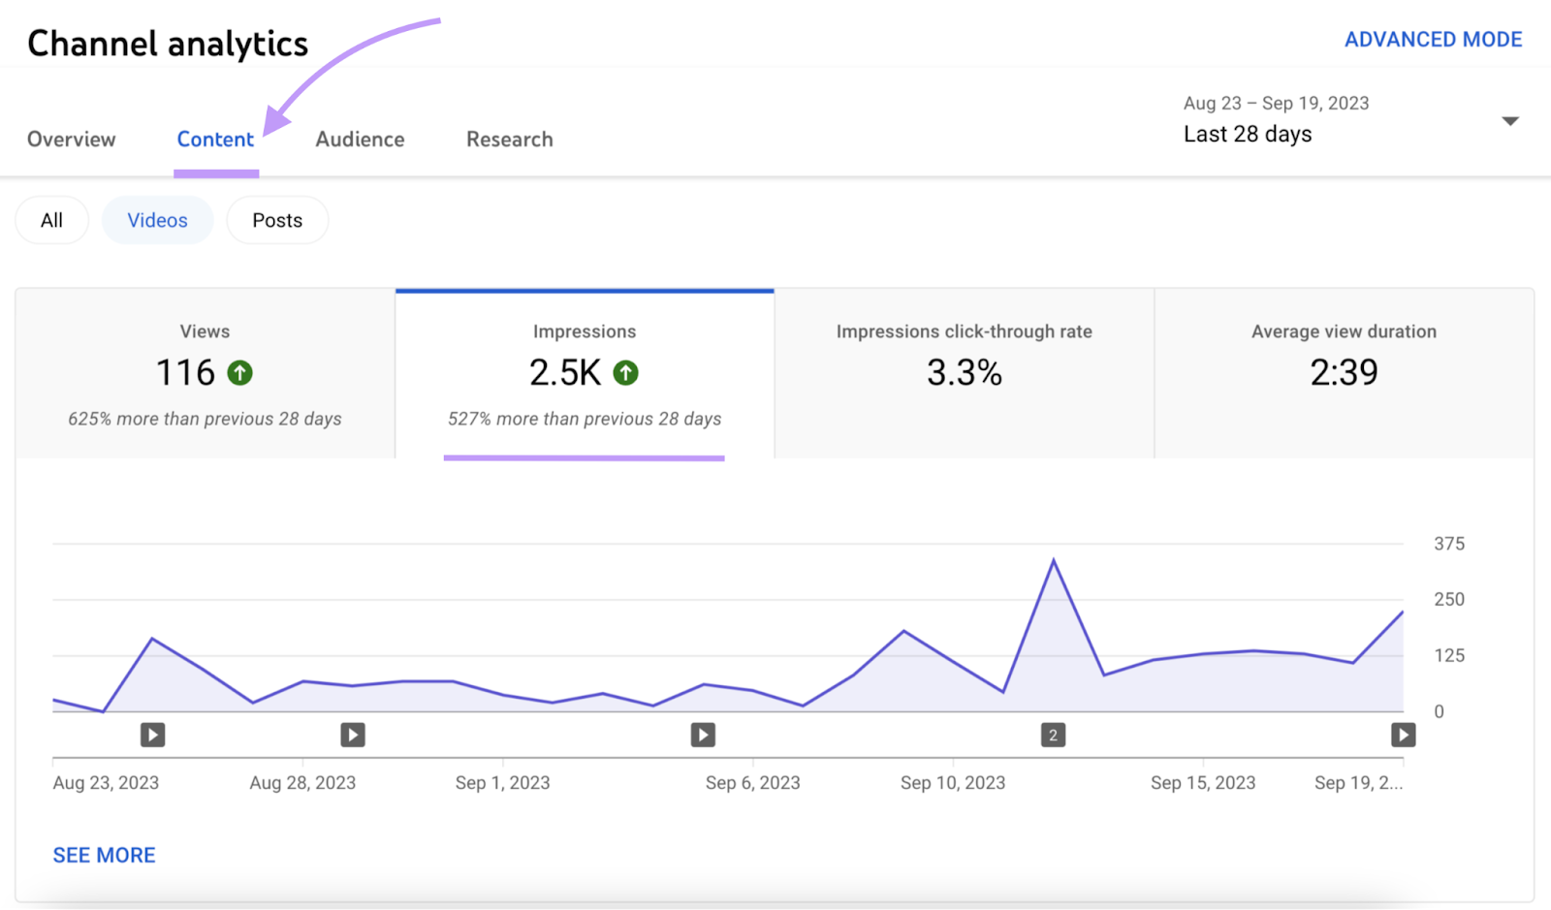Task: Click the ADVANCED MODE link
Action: point(1433,40)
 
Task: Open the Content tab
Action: point(215,140)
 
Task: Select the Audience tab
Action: point(360,140)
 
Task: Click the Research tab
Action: point(509,140)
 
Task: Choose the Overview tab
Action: point(71,140)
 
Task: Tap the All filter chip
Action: point(51,221)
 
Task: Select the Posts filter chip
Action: point(277,221)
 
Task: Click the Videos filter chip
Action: point(157,221)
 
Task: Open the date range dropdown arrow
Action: point(1509,121)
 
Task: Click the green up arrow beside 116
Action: point(239,373)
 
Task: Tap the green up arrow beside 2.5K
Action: point(626,373)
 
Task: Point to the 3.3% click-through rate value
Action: point(964,373)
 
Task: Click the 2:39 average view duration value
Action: point(1344,373)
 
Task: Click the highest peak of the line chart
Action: point(1054,561)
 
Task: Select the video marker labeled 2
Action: point(1053,736)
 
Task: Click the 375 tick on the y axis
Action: point(1448,544)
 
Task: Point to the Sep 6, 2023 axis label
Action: point(752,783)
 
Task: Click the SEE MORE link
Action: point(104,855)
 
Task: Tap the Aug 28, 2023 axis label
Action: point(302,783)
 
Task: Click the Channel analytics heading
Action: point(168,44)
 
